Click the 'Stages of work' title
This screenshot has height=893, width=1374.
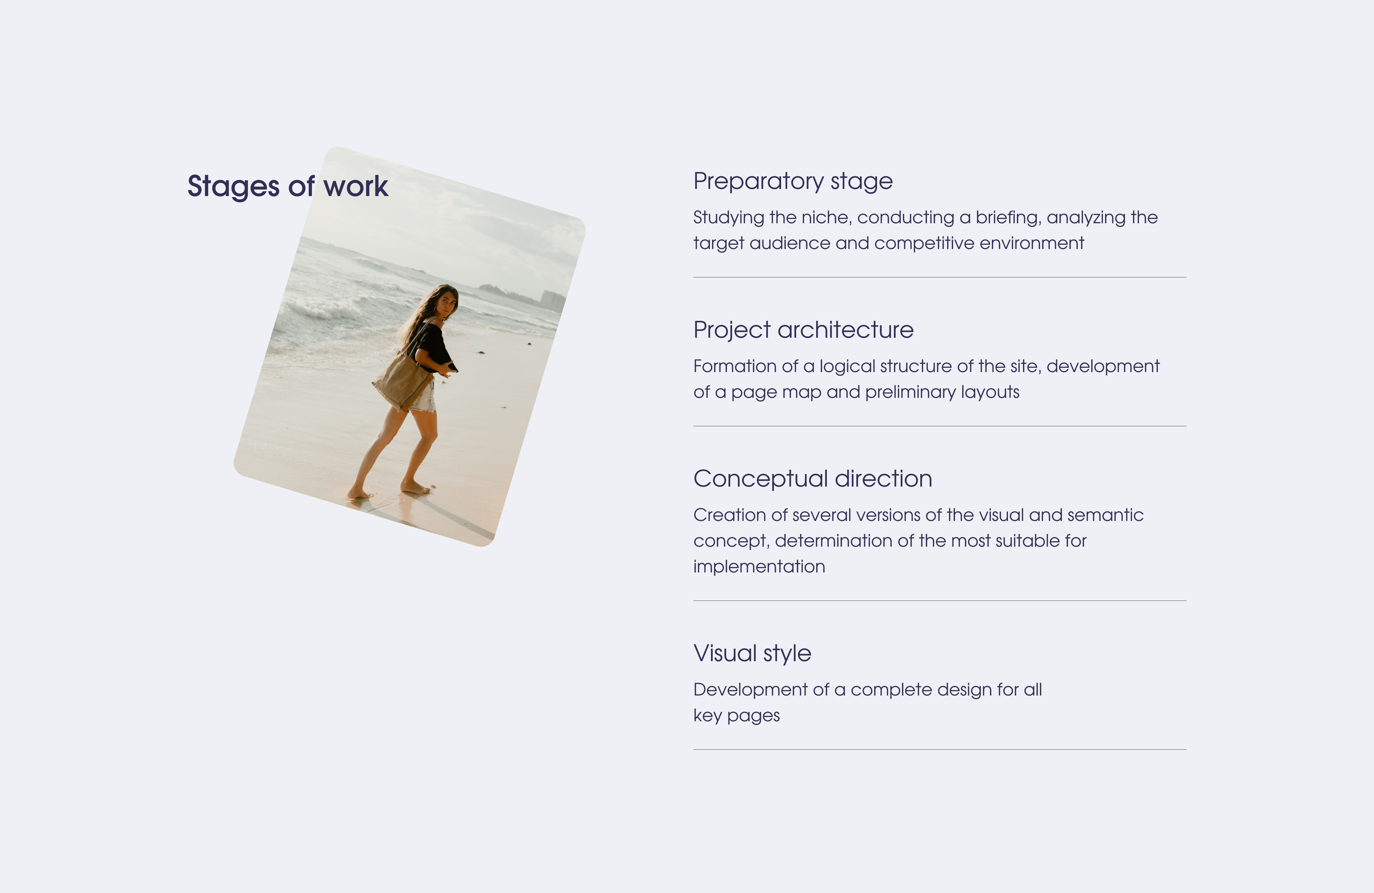287,186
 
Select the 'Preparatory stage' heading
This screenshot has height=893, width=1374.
793,182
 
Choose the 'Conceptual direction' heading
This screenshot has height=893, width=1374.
812,479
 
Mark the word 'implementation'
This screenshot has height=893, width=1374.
759,567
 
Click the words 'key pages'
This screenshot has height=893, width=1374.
737,716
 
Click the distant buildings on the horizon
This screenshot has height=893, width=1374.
551,300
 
